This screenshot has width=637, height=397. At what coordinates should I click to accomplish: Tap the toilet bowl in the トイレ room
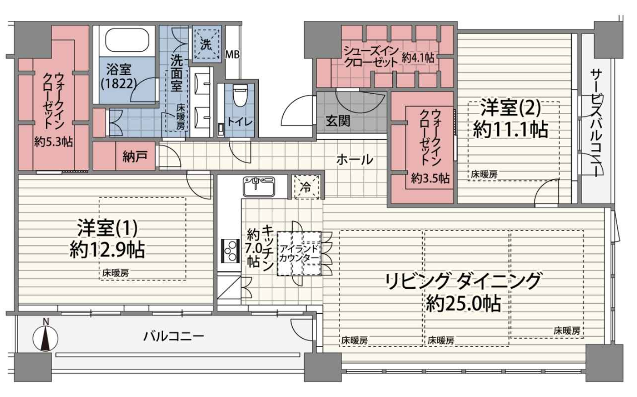tap(239, 96)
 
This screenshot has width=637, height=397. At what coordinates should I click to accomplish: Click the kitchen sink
tap(259, 187)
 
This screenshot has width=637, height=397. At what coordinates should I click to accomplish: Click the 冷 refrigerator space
tap(306, 187)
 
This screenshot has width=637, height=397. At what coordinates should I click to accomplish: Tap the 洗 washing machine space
tap(206, 44)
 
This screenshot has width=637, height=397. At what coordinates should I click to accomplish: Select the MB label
tap(232, 54)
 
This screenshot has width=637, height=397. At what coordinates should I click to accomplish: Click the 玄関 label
tap(338, 121)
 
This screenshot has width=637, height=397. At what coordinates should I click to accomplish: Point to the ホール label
tap(355, 160)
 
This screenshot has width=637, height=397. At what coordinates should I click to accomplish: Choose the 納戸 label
tap(135, 156)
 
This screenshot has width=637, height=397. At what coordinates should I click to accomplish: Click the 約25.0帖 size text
tap(463, 304)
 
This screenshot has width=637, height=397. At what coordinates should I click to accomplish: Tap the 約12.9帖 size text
tap(107, 250)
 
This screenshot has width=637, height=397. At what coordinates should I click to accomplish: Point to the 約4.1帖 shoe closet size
tap(418, 58)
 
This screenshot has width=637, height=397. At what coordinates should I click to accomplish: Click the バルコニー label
tap(174, 336)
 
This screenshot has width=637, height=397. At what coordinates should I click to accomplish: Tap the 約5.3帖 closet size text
tap(53, 141)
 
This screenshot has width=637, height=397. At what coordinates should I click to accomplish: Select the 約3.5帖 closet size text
tap(430, 178)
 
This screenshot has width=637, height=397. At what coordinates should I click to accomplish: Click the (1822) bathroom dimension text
tap(119, 83)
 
